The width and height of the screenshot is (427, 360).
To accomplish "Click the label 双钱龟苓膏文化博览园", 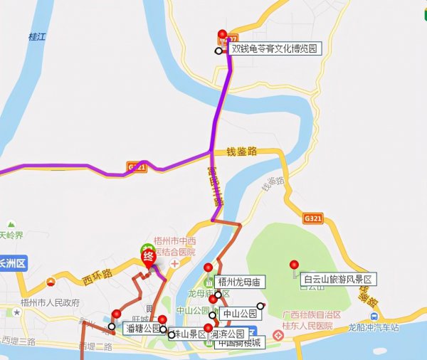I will click(x=275, y=49).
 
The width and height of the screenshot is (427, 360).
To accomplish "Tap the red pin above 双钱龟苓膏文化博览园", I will click(x=222, y=35).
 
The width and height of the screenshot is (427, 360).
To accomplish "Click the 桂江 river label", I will click(x=36, y=35).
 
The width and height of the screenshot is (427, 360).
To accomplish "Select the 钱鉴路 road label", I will click(x=241, y=152).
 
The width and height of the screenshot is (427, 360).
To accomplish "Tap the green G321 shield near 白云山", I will click(x=313, y=218).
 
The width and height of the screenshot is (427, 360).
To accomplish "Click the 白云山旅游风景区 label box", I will click(x=337, y=279).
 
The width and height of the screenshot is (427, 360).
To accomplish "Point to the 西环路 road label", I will click(x=97, y=273).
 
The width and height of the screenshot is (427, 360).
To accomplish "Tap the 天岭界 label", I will click(x=12, y=235).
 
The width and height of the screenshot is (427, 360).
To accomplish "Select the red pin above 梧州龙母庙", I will click(x=209, y=268).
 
